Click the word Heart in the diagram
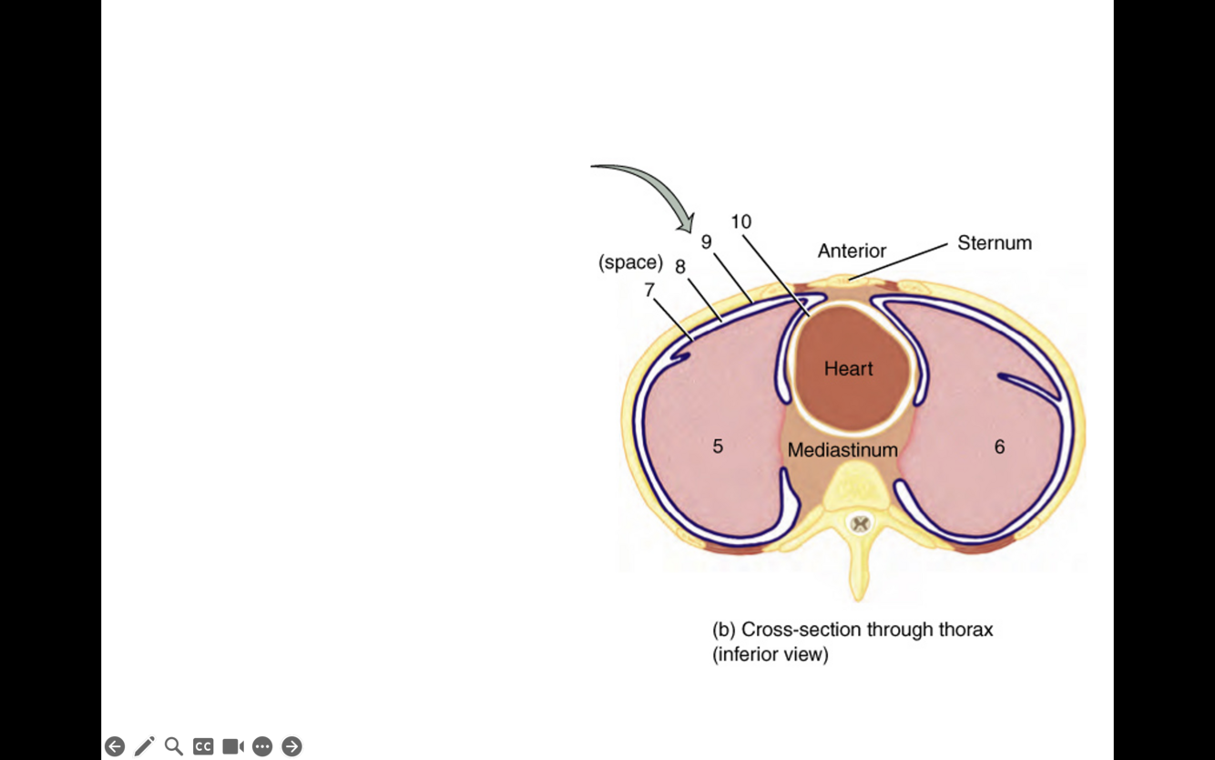click(848, 369)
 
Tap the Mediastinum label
click(842, 450)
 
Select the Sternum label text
click(994, 243)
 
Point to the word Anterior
click(852, 251)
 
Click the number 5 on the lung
click(718, 447)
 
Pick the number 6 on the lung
click(999, 447)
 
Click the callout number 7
click(649, 290)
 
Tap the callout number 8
click(680, 267)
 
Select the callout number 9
click(706, 242)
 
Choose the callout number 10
click(740, 221)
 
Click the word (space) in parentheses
click(630, 262)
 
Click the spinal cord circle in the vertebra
click(859, 524)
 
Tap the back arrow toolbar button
click(115, 746)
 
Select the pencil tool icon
click(144, 746)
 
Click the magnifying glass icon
click(174, 746)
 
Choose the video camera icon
click(233, 746)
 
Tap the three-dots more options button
click(262, 746)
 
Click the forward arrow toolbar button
click(291, 746)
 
